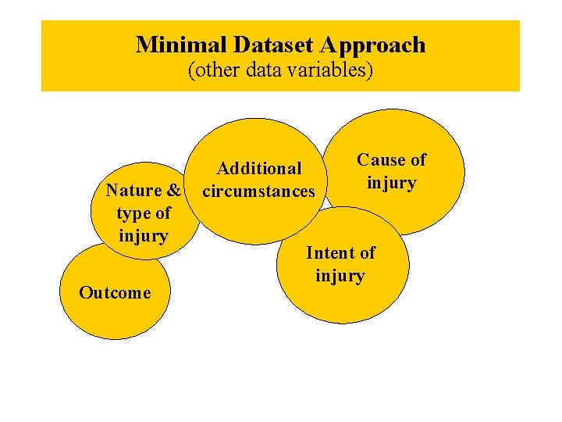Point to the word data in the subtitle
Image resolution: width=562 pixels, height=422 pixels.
pos(263,70)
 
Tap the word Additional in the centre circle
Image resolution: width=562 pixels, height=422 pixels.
pos(259,168)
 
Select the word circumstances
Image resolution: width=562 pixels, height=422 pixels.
pos(258,191)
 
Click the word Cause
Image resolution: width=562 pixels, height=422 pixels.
pos(382,160)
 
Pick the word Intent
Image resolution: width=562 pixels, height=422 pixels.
pos(331,252)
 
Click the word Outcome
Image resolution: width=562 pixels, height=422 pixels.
pos(115,293)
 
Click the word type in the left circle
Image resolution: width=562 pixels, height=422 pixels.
pos(132,213)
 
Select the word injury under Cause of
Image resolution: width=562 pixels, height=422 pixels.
pos(392,184)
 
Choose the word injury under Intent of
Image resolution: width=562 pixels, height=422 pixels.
pos(340,276)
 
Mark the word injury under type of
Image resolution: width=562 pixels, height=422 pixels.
pos(144,235)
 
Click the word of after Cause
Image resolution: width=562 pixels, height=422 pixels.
pos(418,160)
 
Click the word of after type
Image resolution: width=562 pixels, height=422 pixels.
pos(162,213)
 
